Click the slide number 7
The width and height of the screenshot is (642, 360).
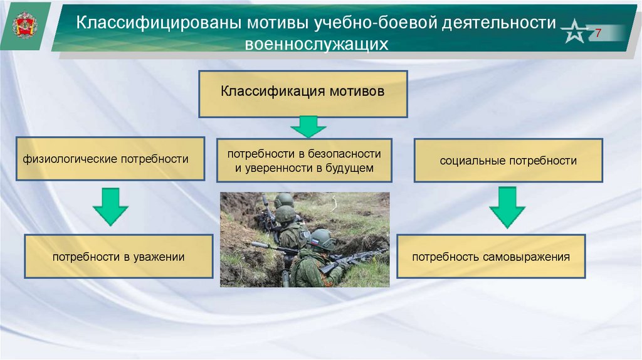click(598, 33)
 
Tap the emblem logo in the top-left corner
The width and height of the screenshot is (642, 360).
click(25, 26)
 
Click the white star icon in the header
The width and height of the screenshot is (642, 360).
click(575, 32)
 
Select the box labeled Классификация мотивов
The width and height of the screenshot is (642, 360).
click(303, 93)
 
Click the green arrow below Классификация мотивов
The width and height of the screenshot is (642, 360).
click(308, 127)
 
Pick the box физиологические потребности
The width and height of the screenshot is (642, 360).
click(110, 159)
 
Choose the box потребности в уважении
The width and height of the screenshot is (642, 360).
click(118, 257)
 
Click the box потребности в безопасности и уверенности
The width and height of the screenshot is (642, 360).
click(304, 161)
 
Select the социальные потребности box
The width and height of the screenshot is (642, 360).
click(508, 161)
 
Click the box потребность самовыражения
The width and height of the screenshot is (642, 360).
click(491, 257)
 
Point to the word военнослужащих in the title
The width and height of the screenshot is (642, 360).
click(317, 45)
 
